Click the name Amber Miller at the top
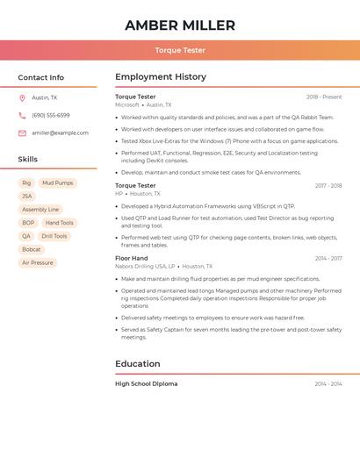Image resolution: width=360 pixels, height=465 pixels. (x=180, y=25)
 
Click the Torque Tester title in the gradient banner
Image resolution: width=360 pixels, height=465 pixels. (x=180, y=50)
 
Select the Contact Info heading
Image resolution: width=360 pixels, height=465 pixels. (x=41, y=77)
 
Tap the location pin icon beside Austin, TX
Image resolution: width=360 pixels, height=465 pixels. (x=22, y=98)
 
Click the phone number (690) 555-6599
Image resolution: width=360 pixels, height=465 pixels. (x=51, y=115)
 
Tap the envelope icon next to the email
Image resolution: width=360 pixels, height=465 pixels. (x=22, y=133)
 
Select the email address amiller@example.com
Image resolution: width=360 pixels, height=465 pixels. (x=60, y=133)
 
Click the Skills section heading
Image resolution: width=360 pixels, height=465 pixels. (x=28, y=159)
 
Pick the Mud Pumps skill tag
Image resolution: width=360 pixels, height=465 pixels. (x=58, y=183)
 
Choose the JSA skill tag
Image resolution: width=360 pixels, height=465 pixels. (x=27, y=197)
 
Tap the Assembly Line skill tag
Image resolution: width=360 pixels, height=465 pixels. (x=40, y=210)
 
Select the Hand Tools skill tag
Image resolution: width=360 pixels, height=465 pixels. (x=60, y=223)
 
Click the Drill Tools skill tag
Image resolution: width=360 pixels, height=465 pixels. (x=54, y=236)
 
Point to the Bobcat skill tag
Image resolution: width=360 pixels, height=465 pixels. (x=32, y=249)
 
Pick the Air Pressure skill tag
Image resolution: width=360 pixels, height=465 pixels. (x=38, y=262)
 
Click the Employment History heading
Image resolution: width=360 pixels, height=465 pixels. (x=161, y=77)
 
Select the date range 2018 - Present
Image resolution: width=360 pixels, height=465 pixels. (x=324, y=97)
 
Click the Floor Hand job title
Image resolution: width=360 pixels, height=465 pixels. (x=132, y=258)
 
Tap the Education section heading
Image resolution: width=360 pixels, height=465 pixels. (x=139, y=363)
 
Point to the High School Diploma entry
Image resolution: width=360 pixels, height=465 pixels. (x=146, y=383)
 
